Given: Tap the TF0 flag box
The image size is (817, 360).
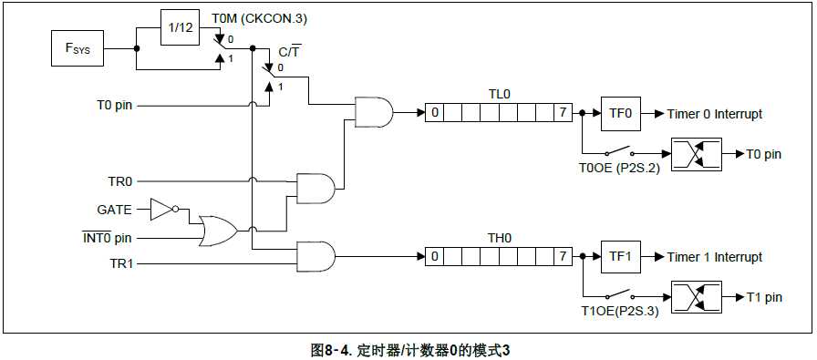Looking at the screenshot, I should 620,114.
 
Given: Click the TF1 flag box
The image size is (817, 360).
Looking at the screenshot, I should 620,257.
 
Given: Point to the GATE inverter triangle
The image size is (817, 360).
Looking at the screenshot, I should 160,210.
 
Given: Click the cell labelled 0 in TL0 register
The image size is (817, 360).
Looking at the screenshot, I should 436,114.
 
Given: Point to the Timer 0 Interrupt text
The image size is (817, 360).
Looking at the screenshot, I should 714,114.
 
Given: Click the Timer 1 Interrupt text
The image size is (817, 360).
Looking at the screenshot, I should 714,257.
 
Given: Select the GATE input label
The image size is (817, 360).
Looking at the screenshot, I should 115,210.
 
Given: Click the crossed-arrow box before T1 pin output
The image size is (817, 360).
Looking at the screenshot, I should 696,297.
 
